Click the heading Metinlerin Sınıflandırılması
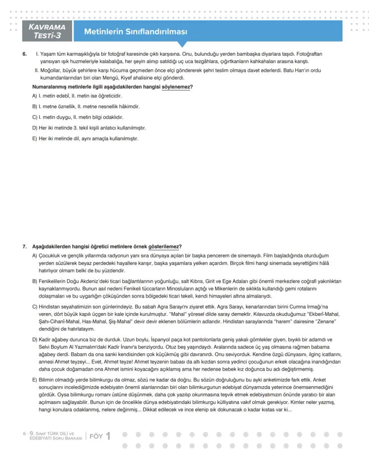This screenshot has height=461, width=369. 135,32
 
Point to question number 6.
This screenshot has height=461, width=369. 25,54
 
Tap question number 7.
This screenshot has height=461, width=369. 25,247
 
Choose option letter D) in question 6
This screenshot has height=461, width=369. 35,128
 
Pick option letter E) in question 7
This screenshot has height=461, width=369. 35,379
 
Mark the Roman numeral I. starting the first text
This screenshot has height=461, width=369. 37,54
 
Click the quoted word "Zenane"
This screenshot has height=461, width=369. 324,322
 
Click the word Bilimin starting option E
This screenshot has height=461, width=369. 47,379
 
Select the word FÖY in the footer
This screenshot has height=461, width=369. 96,436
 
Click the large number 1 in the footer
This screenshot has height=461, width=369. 107,436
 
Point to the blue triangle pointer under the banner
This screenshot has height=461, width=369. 181,44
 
